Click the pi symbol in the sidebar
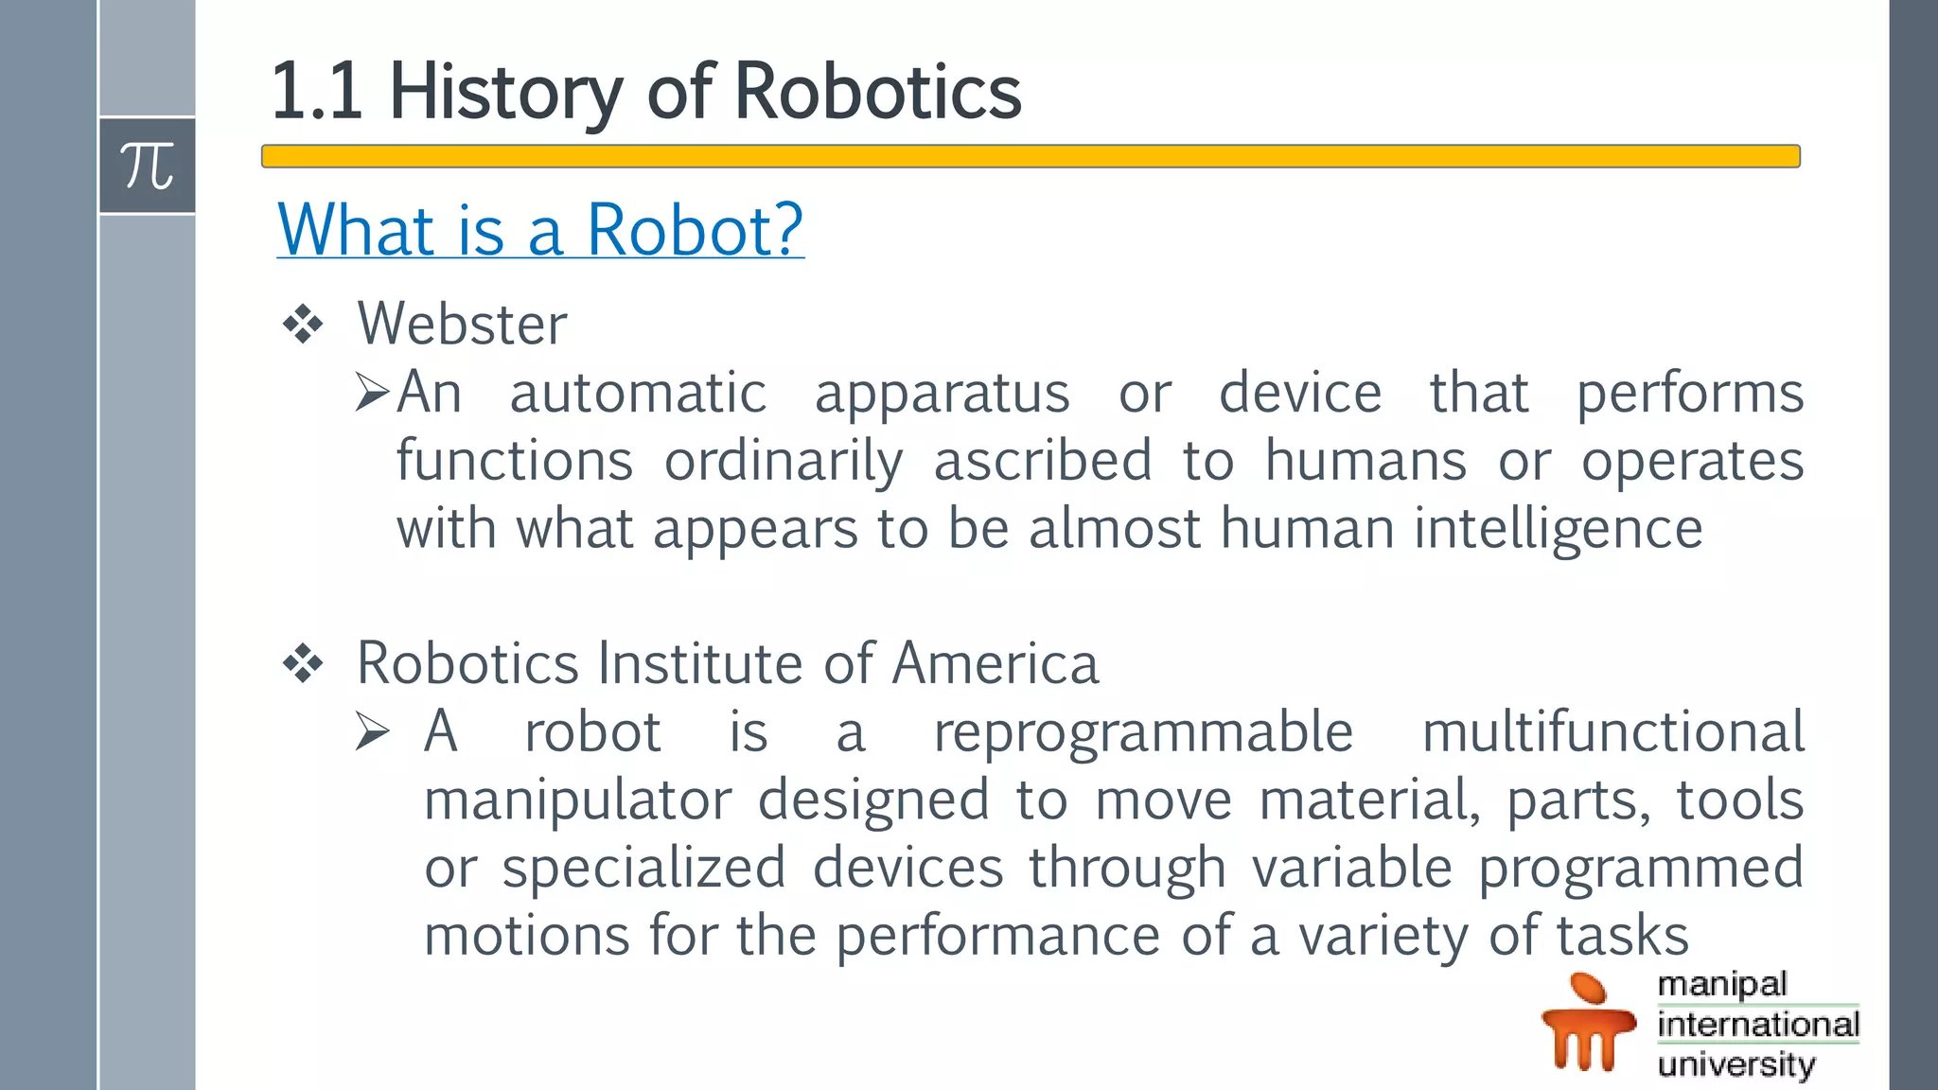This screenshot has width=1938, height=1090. click(x=147, y=167)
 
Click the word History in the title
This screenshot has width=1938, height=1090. click(x=506, y=92)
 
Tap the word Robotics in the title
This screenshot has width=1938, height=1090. click(x=877, y=92)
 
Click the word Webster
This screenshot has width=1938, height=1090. click(x=462, y=325)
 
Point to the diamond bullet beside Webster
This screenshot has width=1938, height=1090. click(x=303, y=325)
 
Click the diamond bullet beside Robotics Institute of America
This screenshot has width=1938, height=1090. click(x=303, y=663)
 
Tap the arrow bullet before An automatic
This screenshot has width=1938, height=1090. click(x=372, y=392)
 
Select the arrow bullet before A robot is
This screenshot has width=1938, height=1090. click(x=372, y=731)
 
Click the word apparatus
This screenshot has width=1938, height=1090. click(x=942, y=394)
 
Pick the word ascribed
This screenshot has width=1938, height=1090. click(x=1043, y=461)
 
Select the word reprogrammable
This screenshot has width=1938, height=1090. click(x=1143, y=732)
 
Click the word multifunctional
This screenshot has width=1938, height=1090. click(x=1613, y=731)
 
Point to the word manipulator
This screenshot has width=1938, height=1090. click(x=577, y=800)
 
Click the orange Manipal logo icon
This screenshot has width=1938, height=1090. click(x=1588, y=1023)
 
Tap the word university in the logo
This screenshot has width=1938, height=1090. click(x=1736, y=1064)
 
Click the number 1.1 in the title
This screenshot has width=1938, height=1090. click(x=316, y=92)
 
